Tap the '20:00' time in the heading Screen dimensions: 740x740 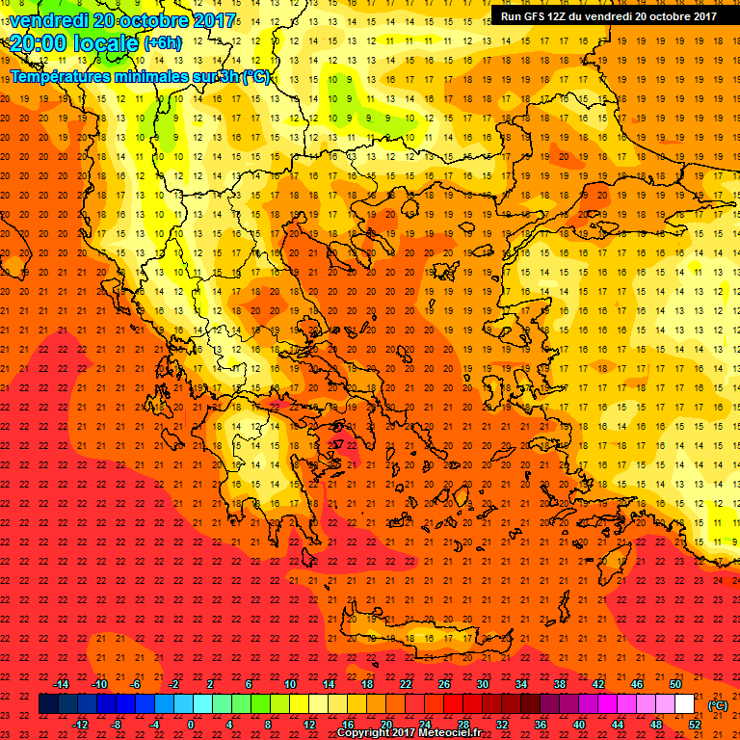[39, 43]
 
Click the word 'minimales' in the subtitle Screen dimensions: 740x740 [143, 77]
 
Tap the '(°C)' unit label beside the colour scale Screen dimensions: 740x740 [718, 705]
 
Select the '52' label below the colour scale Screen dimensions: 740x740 [695, 725]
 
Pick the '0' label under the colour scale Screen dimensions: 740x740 [191, 725]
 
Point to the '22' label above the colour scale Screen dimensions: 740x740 [406, 684]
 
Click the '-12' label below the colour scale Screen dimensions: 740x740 [80, 725]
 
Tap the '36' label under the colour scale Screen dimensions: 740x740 [541, 725]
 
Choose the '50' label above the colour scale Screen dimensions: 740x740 [675, 684]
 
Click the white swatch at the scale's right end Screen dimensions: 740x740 [684, 704]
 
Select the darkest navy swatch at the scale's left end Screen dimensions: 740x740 [48, 704]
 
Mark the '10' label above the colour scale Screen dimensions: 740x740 [290, 684]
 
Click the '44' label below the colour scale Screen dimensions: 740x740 [618, 725]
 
